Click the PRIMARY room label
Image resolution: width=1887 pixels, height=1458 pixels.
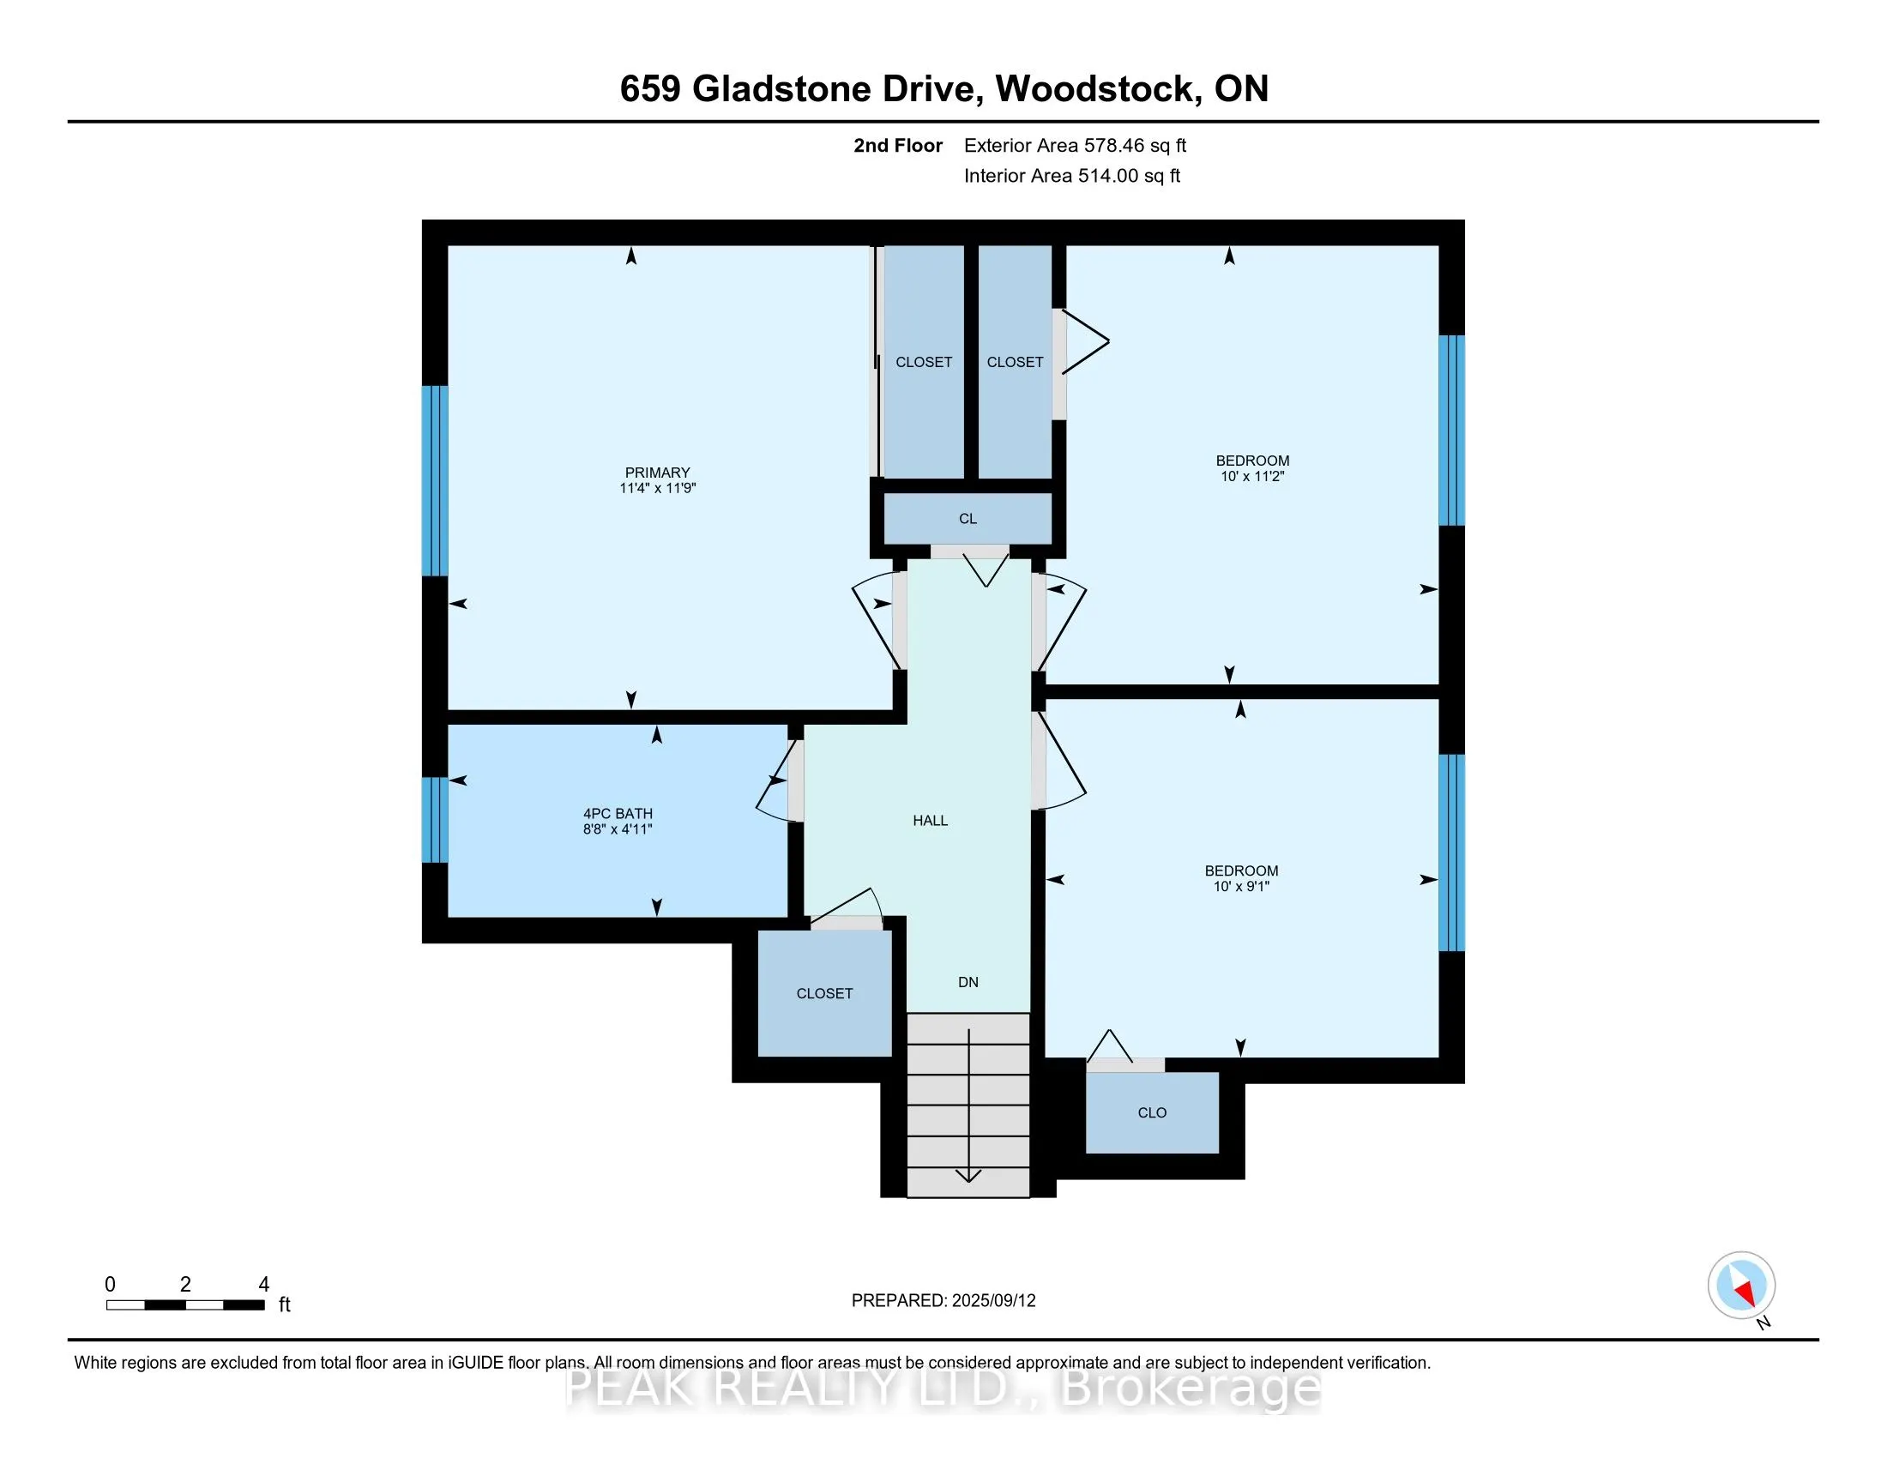click(657, 473)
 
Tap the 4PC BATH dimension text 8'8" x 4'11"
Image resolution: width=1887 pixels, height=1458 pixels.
click(617, 829)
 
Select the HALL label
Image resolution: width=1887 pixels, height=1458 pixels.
click(930, 821)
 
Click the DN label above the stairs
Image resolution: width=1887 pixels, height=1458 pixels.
click(968, 982)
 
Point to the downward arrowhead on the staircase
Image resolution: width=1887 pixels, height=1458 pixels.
click(968, 1176)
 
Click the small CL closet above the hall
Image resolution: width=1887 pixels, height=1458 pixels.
click(967, 519)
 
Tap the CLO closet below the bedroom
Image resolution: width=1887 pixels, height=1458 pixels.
click(1152, 1112)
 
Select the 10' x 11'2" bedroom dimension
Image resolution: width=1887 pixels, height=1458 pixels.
click(1252, 476)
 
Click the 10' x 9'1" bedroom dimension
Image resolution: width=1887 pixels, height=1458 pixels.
click(1241, 886)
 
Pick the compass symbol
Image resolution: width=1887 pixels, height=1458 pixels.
click(1741, 1285)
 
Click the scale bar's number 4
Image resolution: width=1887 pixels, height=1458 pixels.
click(263, 1285)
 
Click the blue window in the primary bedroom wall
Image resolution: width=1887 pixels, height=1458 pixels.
click(435, 480)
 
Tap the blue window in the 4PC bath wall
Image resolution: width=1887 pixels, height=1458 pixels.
click(435, 820)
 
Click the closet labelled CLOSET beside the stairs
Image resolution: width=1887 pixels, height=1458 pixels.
click(824, 993)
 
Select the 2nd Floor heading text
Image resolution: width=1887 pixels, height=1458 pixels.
click(897, 146)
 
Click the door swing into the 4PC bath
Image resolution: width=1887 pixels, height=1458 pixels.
click(775, 782)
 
